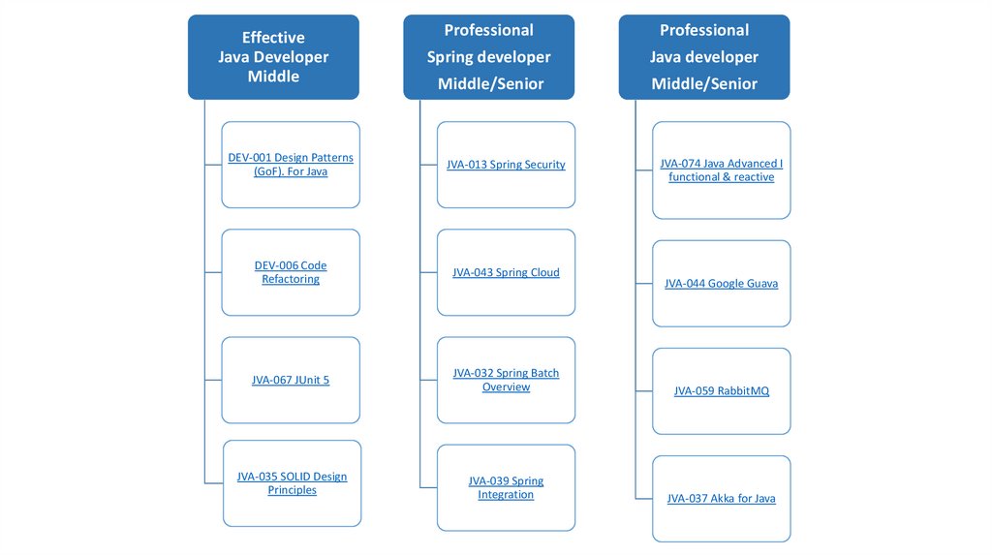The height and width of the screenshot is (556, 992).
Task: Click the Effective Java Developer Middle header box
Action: (x=273, y=57)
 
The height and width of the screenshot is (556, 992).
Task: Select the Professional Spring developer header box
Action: (x=489, y=57)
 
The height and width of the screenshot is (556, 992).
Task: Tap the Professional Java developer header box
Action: (x=704, y=57)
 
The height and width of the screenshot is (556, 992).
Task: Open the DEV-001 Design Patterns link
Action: (x=291, y=165)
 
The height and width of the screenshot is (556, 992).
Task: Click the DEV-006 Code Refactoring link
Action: (x=291, y=272)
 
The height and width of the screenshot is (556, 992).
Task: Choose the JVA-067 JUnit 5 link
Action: (x=291, y=381)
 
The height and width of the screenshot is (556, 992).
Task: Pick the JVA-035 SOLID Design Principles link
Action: (x=292, y=483)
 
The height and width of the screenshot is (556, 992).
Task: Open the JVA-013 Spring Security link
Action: (x=506, y=165)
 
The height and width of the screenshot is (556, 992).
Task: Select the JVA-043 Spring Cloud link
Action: (x=506, y=273)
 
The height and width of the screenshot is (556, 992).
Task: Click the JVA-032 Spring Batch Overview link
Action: (x=506, y=380)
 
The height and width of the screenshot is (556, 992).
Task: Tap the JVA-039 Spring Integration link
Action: (x=506, y=488)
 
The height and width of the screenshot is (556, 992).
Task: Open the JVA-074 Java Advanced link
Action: (x=722, y=170)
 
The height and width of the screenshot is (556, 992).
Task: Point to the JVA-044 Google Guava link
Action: (x=722, y=284)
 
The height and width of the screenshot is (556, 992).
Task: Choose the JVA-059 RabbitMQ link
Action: (x=722, y=391)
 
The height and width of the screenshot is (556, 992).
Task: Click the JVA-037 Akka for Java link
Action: (x=722, y=499)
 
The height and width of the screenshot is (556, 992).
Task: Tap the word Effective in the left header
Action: (x=273, y=38)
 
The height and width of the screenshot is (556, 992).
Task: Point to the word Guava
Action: (x=760, y=284)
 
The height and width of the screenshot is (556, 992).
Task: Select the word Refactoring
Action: (x=291, y=280)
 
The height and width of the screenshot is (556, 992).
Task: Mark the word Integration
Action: (x=506, y=495)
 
